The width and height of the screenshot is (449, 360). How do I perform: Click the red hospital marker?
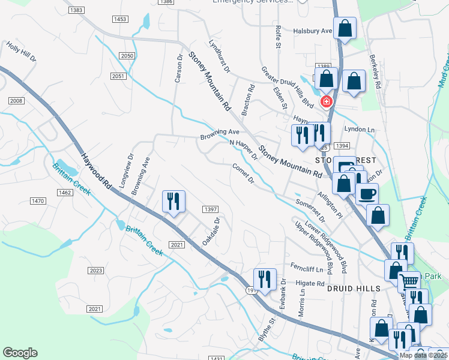point(327,101)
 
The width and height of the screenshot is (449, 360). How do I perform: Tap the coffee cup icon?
point(367,194)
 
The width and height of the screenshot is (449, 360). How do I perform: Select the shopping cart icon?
point(409,280)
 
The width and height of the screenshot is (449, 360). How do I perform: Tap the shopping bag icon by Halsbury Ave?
point(345,28)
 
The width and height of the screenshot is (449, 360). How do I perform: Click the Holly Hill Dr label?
point(21,53)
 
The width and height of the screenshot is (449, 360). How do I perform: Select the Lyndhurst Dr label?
point(219,56)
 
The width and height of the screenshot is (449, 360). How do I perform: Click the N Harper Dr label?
point(244,150)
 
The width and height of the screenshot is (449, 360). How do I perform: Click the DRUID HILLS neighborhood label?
point(354,289)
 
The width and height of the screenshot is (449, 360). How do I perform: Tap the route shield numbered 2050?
point(127,56)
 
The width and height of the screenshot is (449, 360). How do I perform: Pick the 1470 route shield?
point(38,200)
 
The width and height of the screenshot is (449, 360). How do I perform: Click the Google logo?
point(20,353)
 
